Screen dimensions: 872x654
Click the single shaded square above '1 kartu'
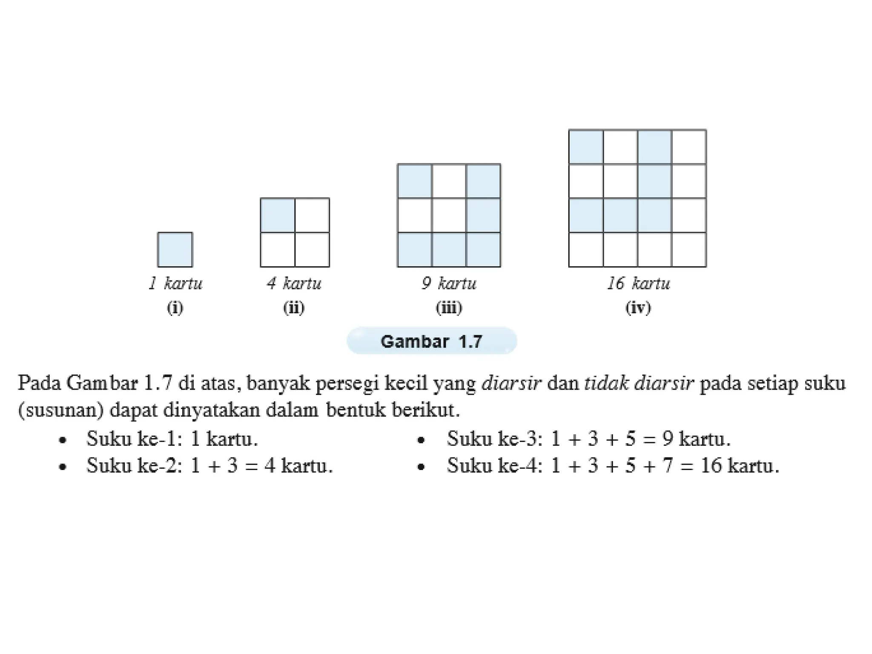click(175, 250)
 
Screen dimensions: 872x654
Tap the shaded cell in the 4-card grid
click(278, 215)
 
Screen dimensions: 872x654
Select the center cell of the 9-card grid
click(449, 215)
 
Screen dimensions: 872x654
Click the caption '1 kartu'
click(175, 283)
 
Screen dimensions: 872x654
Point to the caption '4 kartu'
click(294, 283)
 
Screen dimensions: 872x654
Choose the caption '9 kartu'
click(449, 283)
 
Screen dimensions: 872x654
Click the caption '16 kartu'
click(638, 283)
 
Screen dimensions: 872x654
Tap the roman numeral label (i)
click(175, 307)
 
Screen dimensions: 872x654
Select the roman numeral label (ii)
click(294, 307)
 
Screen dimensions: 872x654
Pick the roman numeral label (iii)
click(449, 307)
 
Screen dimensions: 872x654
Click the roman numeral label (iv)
click(638, 307)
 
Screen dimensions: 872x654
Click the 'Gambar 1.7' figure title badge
click(432, 341)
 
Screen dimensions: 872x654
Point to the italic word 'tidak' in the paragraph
click(606, 383)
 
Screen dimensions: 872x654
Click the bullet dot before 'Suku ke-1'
click(63, 440)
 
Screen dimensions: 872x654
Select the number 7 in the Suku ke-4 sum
click(668, 465)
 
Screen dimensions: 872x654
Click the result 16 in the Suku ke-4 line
click(711, 465)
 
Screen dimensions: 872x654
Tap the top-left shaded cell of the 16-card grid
click(586, 147)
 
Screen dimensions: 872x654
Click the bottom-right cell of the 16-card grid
click(689, 250)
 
